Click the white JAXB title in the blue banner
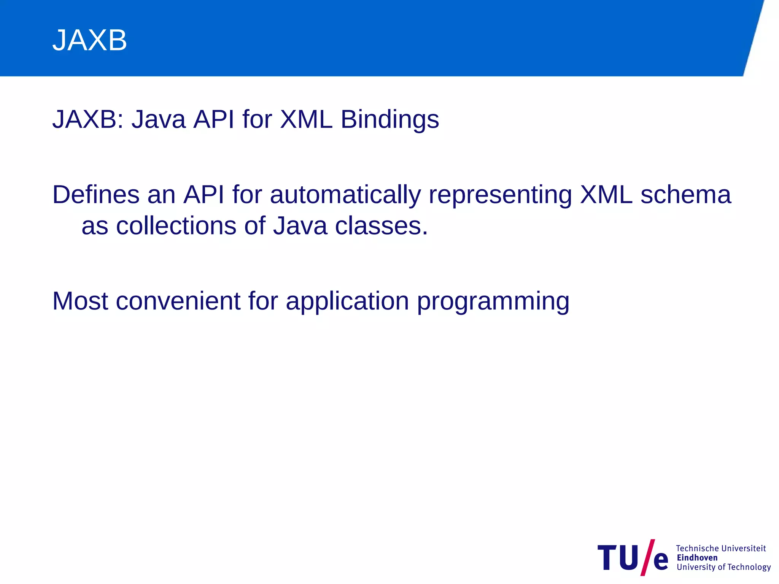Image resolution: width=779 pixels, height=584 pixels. click(x=90, y=40)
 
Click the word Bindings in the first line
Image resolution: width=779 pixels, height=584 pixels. click(x=389, y=120)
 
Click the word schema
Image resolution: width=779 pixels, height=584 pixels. click(x=685, y=195)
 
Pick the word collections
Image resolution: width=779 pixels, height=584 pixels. click(x=176, y=226)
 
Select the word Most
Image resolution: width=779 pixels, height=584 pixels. click(x=80, y=301)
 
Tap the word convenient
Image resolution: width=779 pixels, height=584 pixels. click(x=178, y=301)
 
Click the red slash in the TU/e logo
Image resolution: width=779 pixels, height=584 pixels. click(x=647, y=557)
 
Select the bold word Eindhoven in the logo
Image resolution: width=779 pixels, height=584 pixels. click(x=697, y=558)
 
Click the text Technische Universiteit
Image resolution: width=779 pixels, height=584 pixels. click(x=720, y=548)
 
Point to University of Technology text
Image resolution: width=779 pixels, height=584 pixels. click(x=723, y=567)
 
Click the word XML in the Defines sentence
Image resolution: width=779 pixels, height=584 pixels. click(x=606, y=195)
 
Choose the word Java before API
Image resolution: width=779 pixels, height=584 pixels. click(x=159, y=120)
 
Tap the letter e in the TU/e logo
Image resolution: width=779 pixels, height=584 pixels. click(x=661, y=561)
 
